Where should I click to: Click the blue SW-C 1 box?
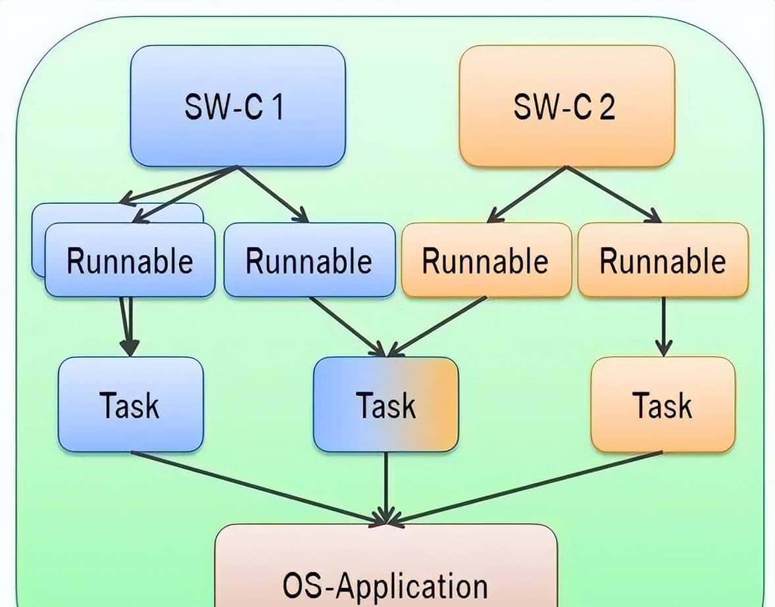(x=238, y=105)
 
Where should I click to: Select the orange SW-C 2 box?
(x=566, y=105)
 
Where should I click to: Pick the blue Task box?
(x=130, y=404)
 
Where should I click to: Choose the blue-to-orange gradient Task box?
(x=386, y=404)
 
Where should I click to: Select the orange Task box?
(x=662, y=404)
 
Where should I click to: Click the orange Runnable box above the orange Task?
(x=662, y=260)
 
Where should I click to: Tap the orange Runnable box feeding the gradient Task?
(x=486, y=260)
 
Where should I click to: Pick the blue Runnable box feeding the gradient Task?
(x=309, y=260)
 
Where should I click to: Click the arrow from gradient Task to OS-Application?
(x=386, y=487)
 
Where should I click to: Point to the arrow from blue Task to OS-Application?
(x=257, y=487)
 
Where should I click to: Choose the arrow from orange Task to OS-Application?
(x=526, y=487)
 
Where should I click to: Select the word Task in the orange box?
(x=662, y=405)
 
